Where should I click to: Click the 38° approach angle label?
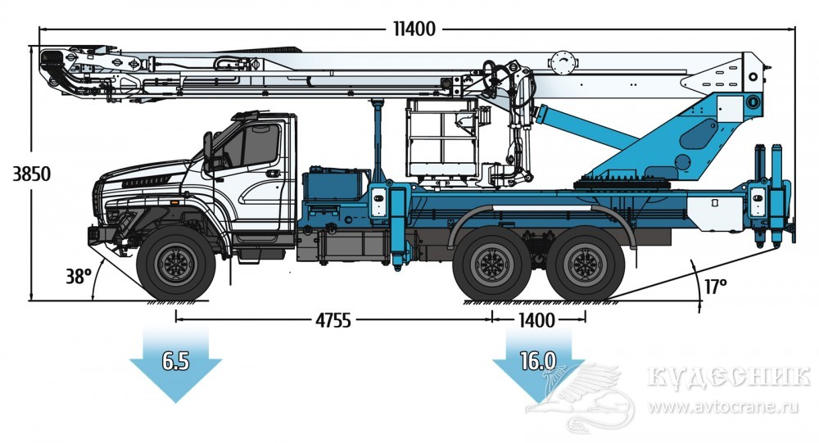pyautogui.click(x=79, y=277)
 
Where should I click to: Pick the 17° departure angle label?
pyautogui.click(x=715, y=287)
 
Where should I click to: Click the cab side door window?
pyautogui.click(x=254, y=147)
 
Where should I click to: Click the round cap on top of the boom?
pyautogui.click(x=563, y=61)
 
